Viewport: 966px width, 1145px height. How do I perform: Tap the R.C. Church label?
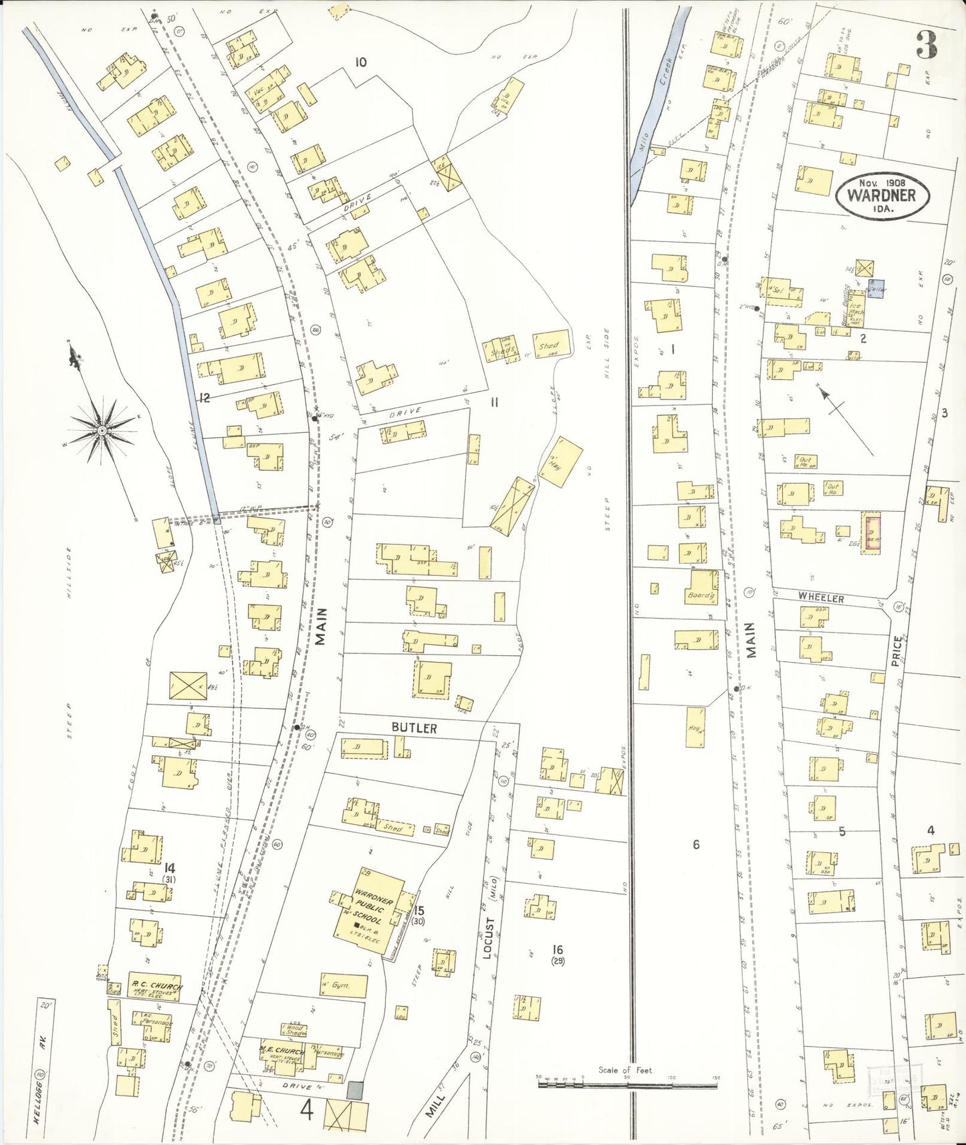pyautogui.click(x=154, y=985)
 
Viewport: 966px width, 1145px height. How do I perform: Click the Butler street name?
pyautogui.click(x=414, y=729)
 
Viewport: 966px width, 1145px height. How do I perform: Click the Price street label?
pyautogui.click(x=897, y=652)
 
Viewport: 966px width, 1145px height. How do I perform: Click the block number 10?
pyautogui.click(x=360, y=63)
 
